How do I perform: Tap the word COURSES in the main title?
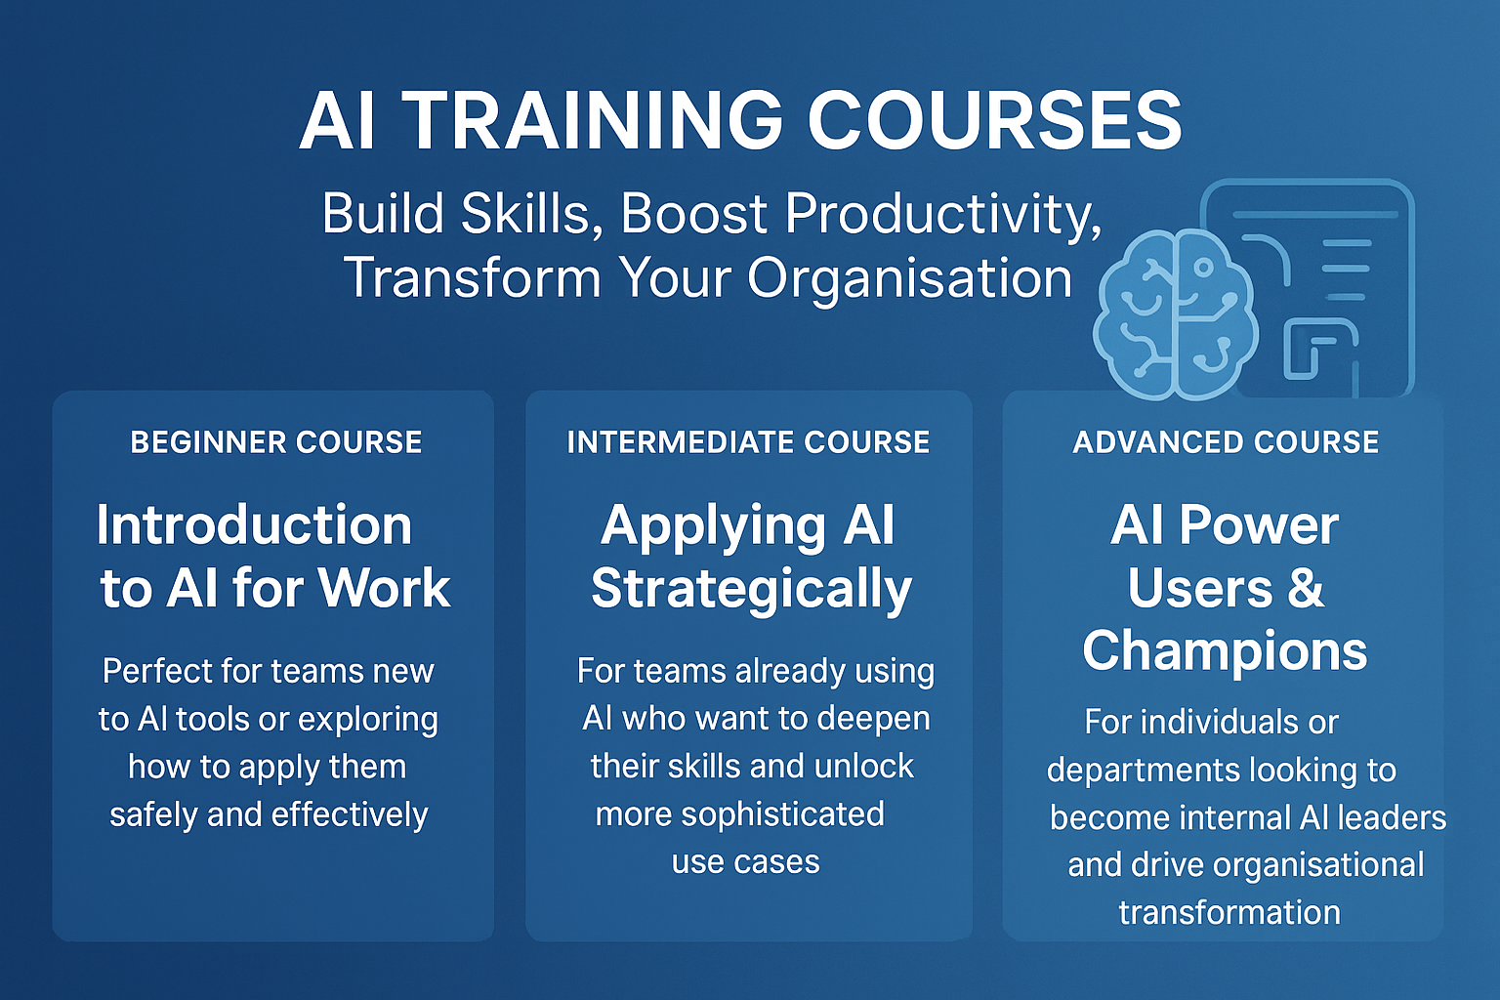993,121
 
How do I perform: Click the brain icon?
1176,315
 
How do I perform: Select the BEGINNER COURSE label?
276,442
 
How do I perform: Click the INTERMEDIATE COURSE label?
748,442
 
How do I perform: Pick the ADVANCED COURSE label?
1226,442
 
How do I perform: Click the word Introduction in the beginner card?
254,525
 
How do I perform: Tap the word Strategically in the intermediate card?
751,589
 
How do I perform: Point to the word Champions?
1225,651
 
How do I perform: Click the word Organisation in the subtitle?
910,278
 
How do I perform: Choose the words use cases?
745,862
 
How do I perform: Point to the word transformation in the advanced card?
1229,913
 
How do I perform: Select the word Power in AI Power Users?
1258,525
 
